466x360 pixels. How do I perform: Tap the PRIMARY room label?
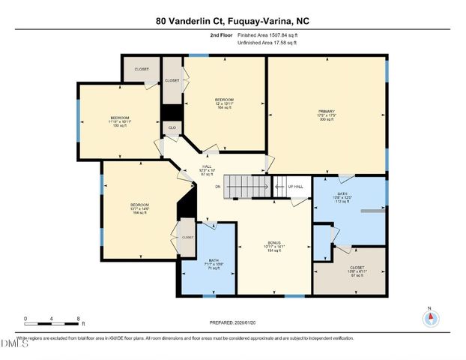327,115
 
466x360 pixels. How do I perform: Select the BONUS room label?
275,245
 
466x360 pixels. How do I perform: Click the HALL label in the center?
207,170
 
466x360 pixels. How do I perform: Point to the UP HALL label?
294,186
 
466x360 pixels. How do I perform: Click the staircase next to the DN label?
248,185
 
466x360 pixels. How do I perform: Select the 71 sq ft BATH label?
214,263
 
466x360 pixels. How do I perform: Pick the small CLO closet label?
172,127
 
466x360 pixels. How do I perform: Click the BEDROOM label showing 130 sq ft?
120,121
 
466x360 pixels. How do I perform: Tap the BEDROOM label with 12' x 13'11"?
225,103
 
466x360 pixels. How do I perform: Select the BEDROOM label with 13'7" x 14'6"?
140,208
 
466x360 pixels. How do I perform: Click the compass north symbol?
430,318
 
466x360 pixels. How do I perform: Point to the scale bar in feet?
52,319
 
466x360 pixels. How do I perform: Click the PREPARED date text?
233,322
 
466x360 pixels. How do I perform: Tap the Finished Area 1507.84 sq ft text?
267,35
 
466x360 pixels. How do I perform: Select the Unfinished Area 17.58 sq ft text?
267,43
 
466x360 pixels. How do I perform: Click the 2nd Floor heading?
221,35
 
